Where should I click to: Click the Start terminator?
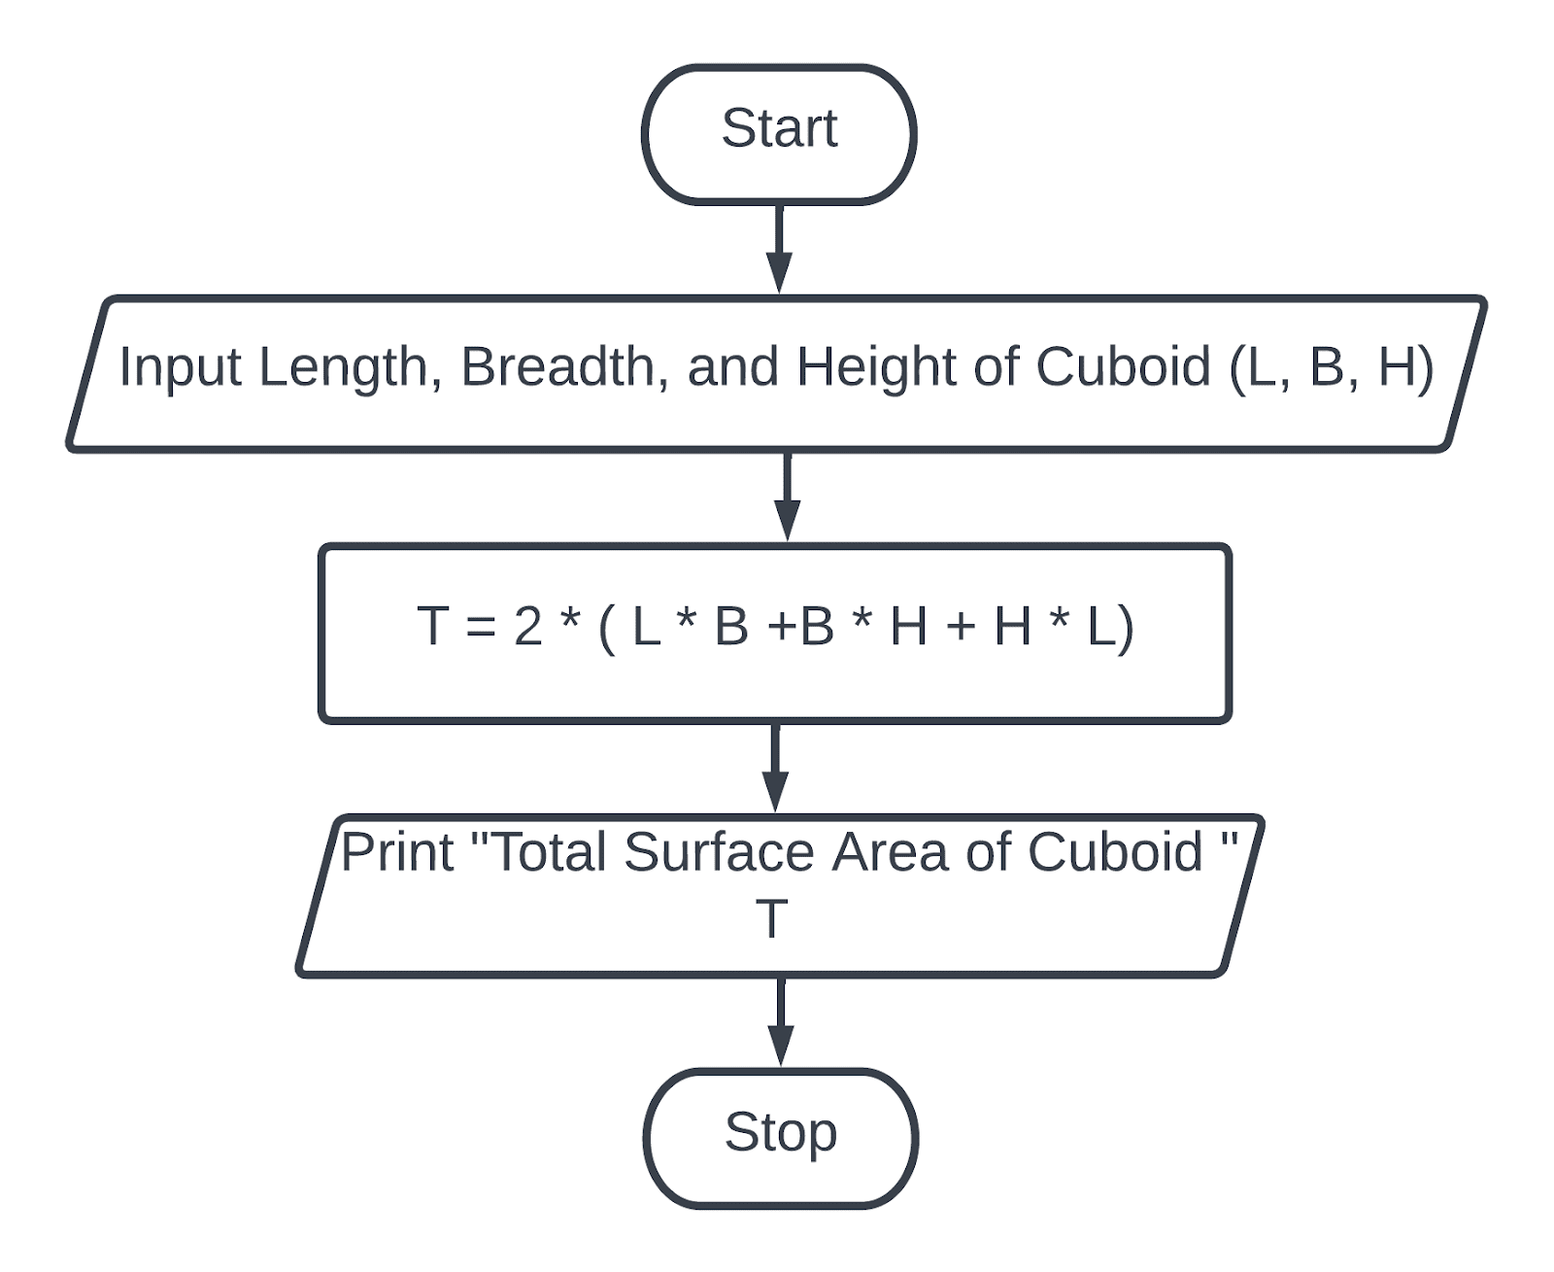(779, 134)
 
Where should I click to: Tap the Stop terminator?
(781, 1138)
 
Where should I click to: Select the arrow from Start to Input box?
(779, 248)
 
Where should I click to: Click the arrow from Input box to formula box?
(788, 496)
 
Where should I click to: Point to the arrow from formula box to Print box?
(775, 767)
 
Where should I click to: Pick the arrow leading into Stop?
(780, 1021)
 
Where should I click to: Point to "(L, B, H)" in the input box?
(1332, 367)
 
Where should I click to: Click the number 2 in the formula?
(527, 626)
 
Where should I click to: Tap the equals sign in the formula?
(481, 628)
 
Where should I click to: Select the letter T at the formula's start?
(432, 626)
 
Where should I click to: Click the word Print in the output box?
(397, 852)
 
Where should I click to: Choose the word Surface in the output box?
(720, 852)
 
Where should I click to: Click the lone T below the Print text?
(771, 918)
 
